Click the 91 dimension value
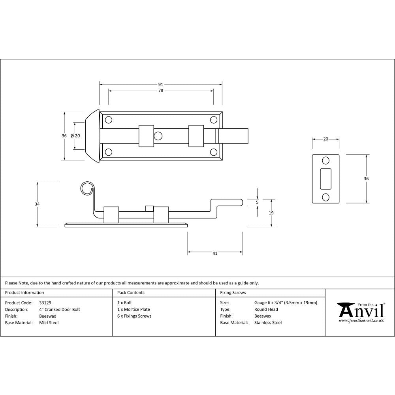(160, 85)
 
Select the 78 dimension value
(160, 91)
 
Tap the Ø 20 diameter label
(75, 136)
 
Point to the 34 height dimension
(37, 204)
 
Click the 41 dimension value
(215, 254)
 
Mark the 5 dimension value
(257, 202)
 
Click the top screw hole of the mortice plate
(325, 160)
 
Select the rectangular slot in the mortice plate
(325, 179)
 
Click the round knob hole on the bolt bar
(158, 136)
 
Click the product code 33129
(45, 303)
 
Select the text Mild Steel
(49, 323)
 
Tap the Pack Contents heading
(131, 293)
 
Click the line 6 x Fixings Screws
(134, 316)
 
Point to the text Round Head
(266, 310)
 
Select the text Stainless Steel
(268, 323)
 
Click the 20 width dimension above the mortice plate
(325, 139)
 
